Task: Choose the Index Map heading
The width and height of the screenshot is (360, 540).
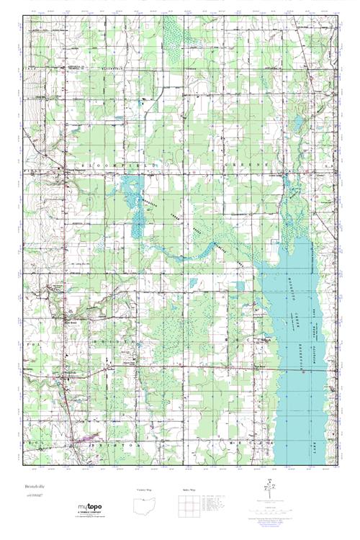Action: (189, 490)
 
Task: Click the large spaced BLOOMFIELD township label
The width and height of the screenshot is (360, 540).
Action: (120, 166)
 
